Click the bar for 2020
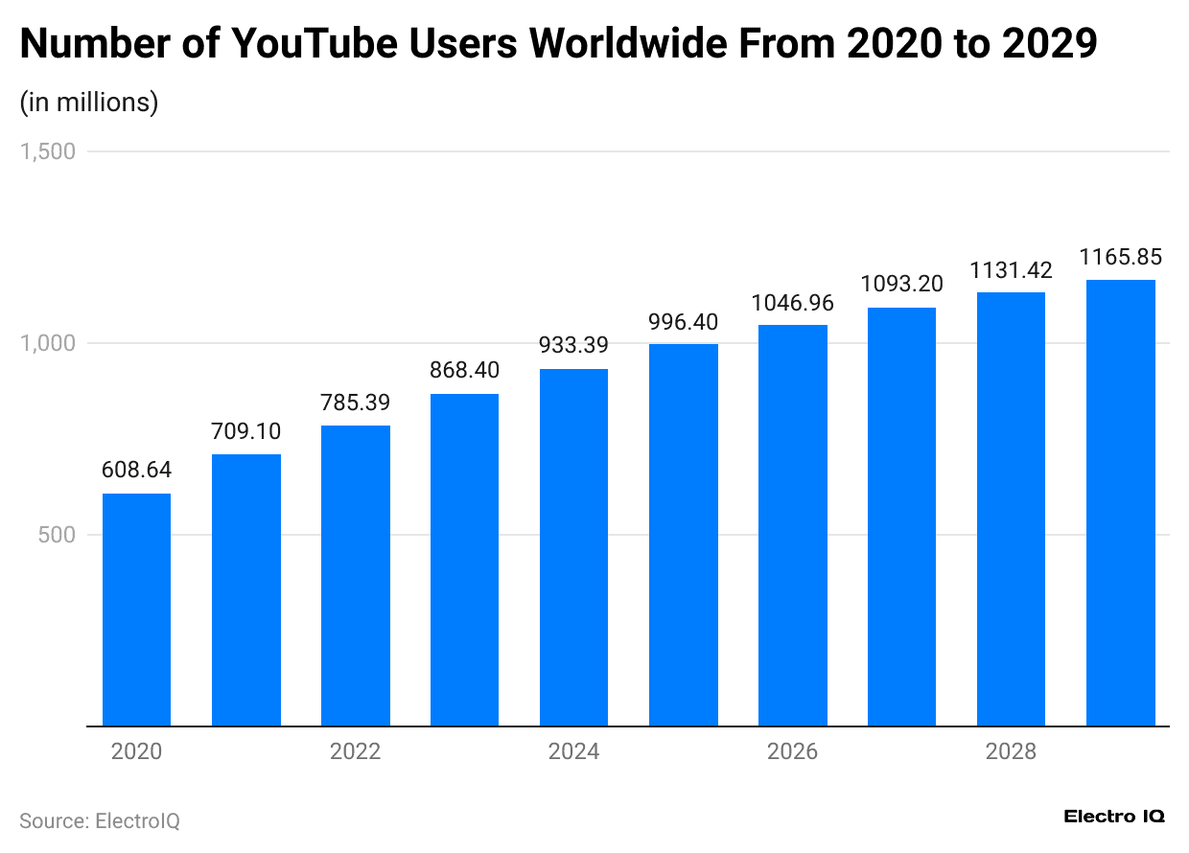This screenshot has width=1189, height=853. [136, 610]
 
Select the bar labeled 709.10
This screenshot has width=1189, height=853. [245, 589]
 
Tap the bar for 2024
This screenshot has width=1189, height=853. [573, 547]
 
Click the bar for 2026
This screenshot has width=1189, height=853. [792, 525]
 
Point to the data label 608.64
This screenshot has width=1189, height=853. [136, 471]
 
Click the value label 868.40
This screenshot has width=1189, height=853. [464, 370]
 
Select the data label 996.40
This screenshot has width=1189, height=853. [683, 321]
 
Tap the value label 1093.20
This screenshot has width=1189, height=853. [901, 284]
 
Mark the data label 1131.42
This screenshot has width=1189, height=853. [1011, 270]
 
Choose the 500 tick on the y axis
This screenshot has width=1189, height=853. [57, 535]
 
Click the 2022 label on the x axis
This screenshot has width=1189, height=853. [355, 752]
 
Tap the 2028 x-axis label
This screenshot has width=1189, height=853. [1011, 752]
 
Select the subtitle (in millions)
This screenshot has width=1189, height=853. [88, 102]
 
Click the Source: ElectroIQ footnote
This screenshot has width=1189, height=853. [100, 821]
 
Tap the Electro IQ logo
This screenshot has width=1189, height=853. [1114, 817]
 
